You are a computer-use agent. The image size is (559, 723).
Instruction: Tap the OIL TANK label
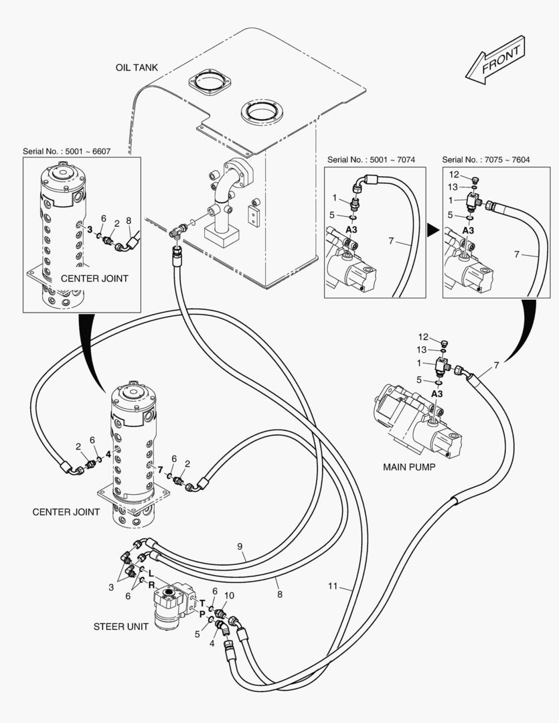[x=136, y=68]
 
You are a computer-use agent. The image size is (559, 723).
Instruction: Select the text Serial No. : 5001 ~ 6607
[x=67, y=152]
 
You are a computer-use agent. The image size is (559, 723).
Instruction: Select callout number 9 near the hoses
[x=240, y=547]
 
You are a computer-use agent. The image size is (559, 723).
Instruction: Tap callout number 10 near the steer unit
[x=229, y=595]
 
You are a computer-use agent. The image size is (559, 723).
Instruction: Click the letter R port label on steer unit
[x=153, y=584]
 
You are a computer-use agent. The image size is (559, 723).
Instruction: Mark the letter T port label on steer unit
[x=202, y=603]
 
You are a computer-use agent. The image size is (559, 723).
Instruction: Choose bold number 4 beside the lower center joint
[x=108, y=454]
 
